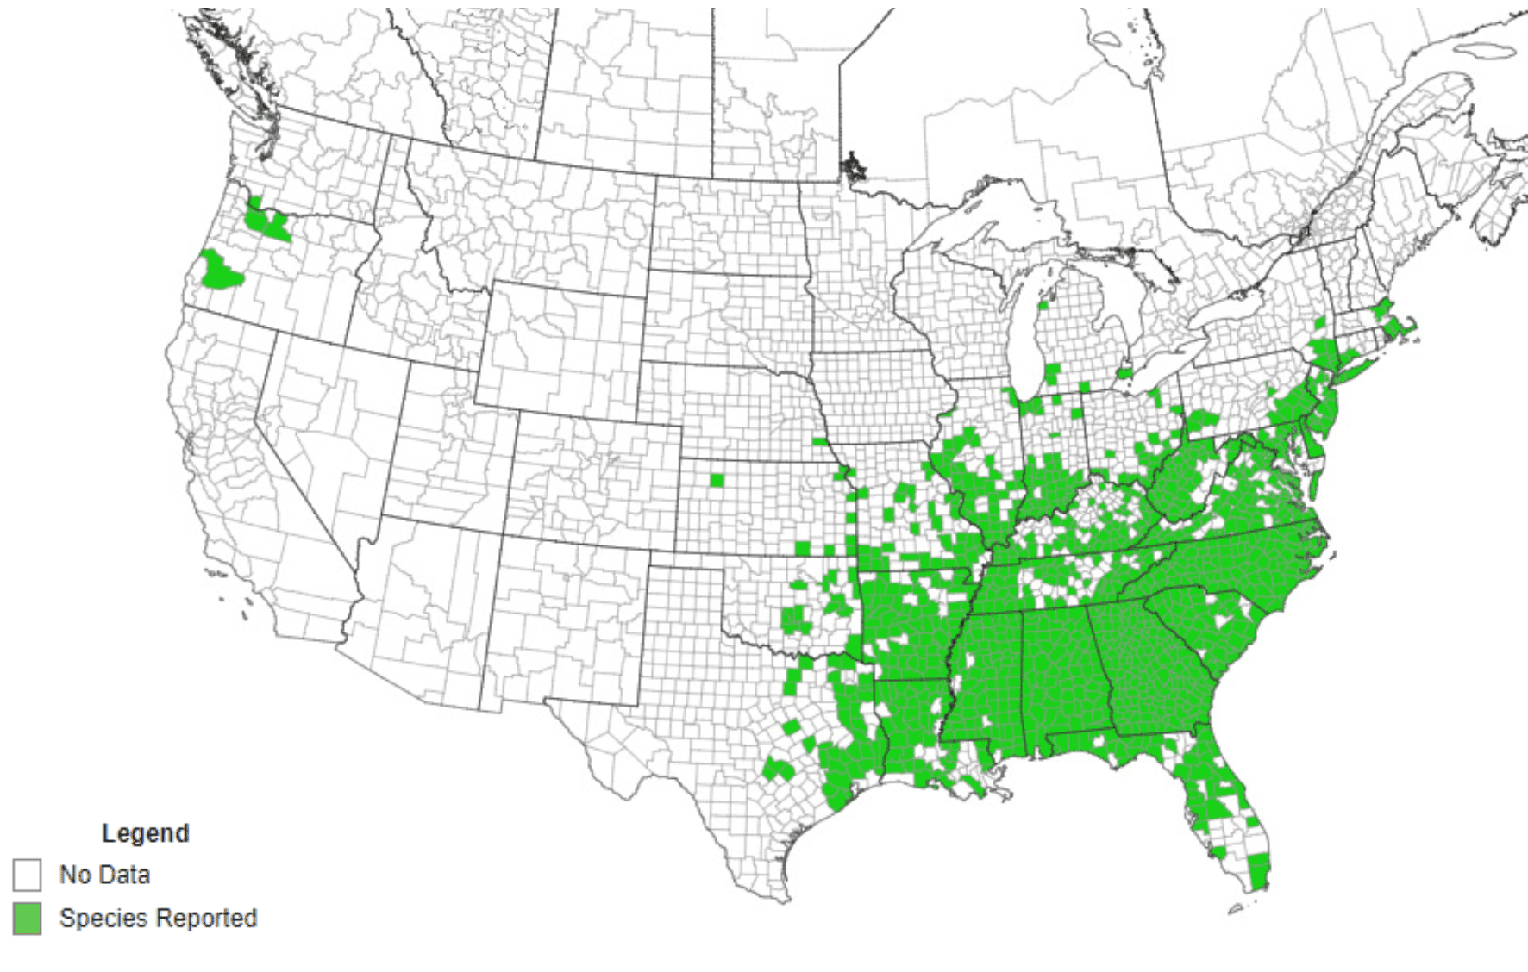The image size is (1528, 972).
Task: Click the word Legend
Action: (x=145, y=833)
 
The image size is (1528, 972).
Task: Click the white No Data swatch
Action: (x=27, y=875)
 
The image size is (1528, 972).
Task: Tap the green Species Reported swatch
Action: (x=27, y=919)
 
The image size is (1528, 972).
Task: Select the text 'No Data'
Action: (x=104, y=875)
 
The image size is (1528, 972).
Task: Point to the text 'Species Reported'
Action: (x=158, y=919)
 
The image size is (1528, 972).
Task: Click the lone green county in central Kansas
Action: (x=717, y=480)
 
